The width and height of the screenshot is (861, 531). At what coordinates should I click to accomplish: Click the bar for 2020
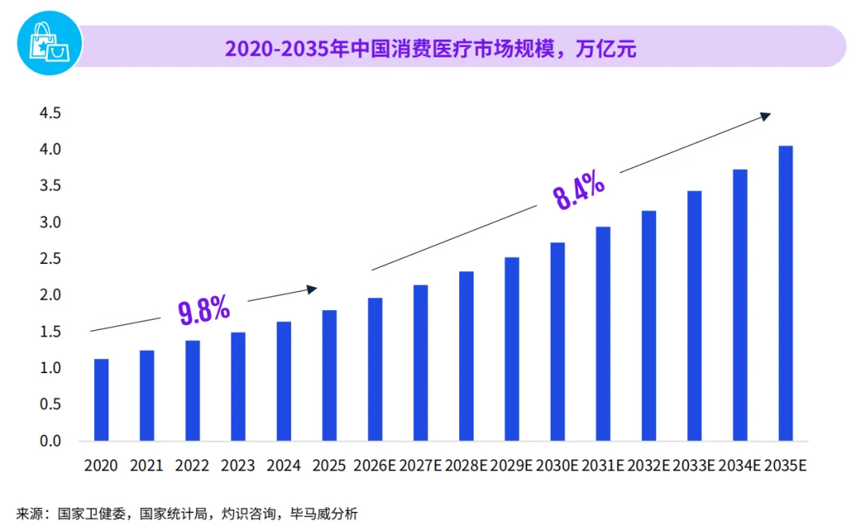point(101,399)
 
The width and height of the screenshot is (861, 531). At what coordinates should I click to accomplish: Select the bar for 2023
point(238,387)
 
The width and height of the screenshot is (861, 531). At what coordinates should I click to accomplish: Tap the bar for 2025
point(329,376)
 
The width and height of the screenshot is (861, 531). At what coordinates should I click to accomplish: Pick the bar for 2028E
point(466,356)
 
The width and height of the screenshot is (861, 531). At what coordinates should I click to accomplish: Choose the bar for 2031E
point(603,334)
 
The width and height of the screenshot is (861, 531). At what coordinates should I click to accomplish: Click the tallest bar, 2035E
point(786,293)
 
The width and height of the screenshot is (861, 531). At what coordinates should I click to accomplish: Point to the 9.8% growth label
point(204,309)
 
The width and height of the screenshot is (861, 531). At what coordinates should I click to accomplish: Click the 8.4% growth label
point(578,191)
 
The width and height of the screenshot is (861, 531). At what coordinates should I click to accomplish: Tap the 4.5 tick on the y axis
point(50,113)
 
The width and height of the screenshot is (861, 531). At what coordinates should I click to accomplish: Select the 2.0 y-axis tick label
point(50,295)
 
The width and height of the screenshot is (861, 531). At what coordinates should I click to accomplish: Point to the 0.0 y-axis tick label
point(50,441)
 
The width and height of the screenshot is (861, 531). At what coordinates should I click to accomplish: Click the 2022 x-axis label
point(192,466)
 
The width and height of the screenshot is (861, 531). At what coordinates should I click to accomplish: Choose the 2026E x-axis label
point(375,466)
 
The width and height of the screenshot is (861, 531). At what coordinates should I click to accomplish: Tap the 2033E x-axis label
point(694,466)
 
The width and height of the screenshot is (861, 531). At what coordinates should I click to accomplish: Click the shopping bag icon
point(49,43)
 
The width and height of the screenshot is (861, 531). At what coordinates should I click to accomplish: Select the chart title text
point(431,49)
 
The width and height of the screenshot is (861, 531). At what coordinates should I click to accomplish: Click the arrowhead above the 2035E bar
point(765,116)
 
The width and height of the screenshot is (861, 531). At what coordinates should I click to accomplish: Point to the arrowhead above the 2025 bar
point(312,289)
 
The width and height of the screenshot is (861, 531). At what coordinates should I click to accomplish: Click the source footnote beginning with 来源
point(187,514)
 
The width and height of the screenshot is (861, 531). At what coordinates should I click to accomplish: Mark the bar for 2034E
point(740,305)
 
